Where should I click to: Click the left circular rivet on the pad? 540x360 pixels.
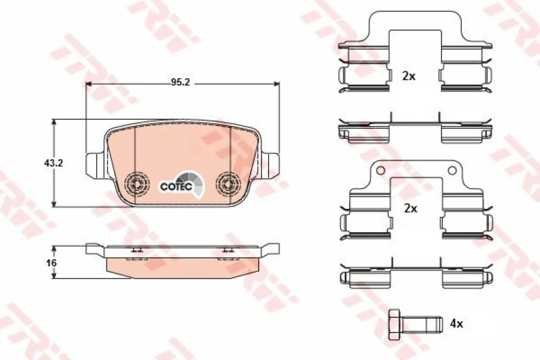[135, 184]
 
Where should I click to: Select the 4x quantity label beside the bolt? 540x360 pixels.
[457, 324]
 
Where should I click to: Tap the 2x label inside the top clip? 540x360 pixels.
[409, 76]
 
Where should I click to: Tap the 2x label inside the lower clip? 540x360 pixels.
[410, 209]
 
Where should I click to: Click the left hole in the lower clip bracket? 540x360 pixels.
[380, 170]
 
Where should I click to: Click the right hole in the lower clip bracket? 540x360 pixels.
[451, 170]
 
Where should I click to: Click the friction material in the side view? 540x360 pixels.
[182, 268]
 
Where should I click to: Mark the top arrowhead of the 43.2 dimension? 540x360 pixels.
[55, 122]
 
